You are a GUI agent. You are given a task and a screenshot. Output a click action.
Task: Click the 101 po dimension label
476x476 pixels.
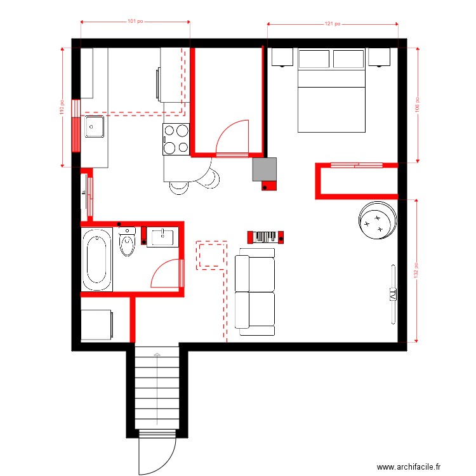coord(135,22)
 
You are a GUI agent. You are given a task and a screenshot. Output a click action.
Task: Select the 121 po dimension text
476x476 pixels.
coord(333,24)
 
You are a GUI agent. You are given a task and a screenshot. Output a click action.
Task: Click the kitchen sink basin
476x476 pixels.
coord(94,127)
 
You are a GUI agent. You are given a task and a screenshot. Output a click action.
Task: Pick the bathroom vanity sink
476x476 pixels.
coord(161,237)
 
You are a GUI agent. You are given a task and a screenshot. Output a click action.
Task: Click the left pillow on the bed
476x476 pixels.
coord(314,59)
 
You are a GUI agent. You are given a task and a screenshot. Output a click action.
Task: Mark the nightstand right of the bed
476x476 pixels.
coord(379,57)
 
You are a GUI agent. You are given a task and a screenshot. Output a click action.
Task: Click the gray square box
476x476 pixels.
coord(265,169)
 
